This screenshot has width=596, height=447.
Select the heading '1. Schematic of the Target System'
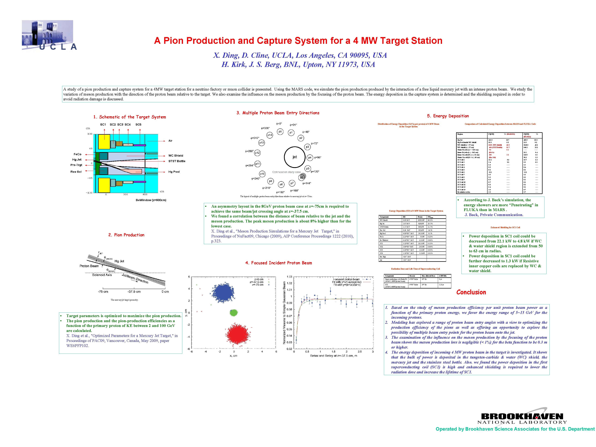coord(130,117)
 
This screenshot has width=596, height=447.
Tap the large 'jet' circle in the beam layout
coord(295,157)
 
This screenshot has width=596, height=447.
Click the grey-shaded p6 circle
coord(302,177)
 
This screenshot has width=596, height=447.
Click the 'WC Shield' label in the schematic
coord(176,155)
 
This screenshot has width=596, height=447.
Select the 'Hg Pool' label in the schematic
coord(174,172)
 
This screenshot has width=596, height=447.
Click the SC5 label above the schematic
coord(138,125)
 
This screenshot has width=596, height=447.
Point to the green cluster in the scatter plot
coord(233,312)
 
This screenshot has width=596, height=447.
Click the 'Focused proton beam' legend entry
coord(346,279)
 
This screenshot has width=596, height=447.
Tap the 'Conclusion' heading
coord(471,292)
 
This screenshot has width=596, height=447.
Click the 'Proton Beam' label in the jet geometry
coord(89,266)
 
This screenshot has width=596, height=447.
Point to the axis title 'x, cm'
coord(233,356)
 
